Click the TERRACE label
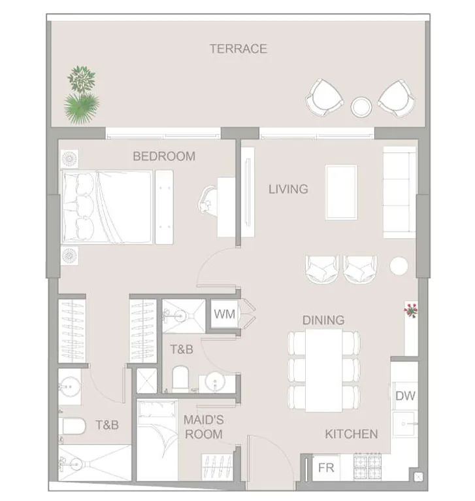(238, 49)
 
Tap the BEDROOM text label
(164, 156)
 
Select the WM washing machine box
(225, 314)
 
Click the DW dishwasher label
(405, 396)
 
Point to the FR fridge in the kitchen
(326, 468)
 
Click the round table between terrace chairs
(361, 107)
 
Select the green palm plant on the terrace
(82, 108)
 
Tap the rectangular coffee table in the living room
(341, 192)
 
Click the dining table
(323, 370)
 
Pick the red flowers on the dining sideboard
(410, 310)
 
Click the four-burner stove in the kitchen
(367, 466)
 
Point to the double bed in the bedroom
(106, 207)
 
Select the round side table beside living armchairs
(399, 266)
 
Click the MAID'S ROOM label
(204, 427)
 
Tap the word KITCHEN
(352, 434)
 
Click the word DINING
(323, 320)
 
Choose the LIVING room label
(288, 189)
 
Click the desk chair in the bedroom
(208, 199)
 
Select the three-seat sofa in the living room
(399, 192)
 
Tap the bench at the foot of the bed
(165, 207)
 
